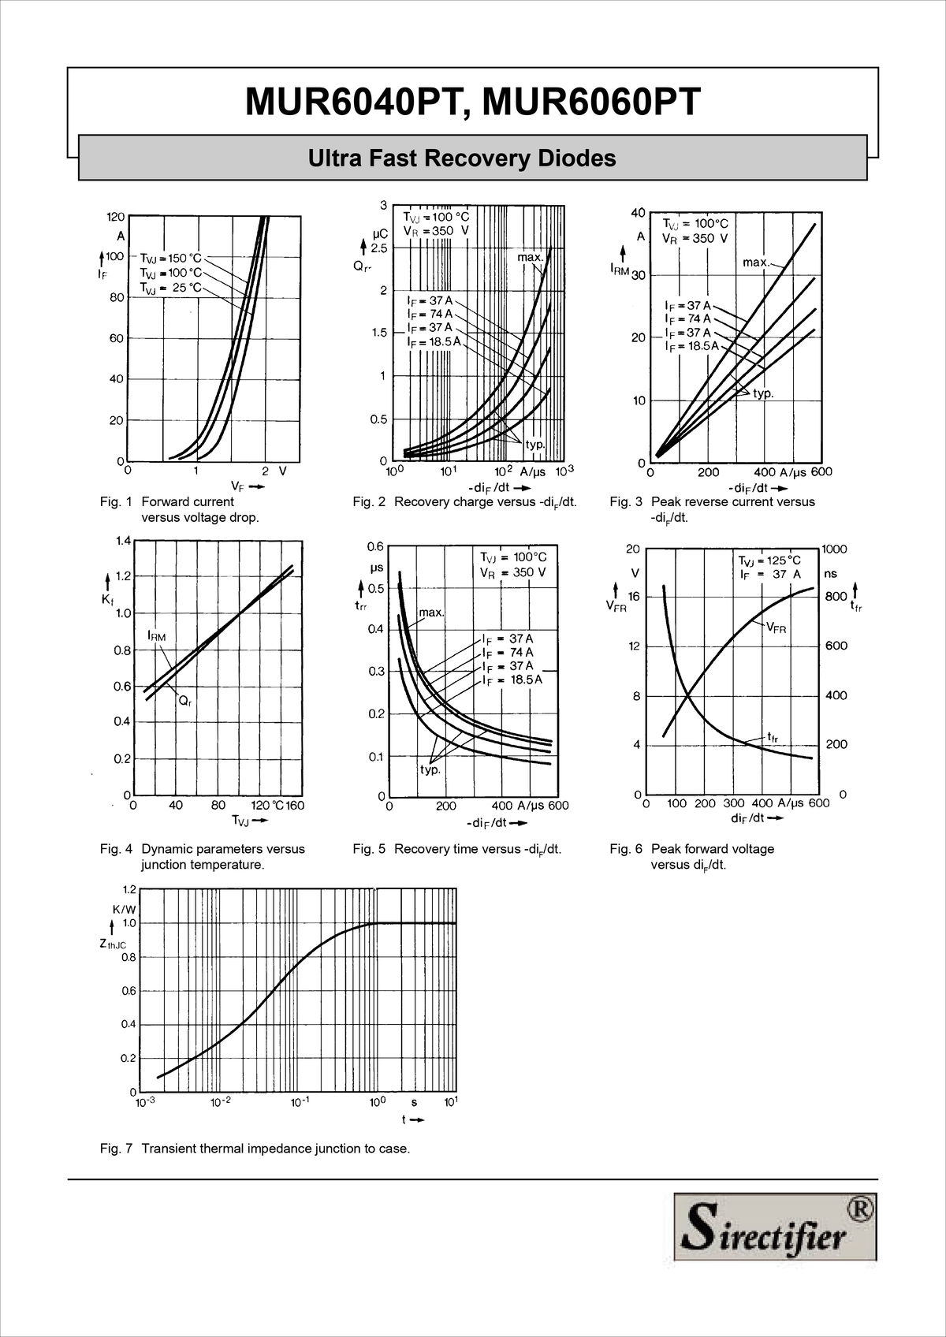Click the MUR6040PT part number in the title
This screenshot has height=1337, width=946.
click(x=349, y=102)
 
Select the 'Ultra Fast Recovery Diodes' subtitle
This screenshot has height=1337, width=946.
click(x=462, y=158)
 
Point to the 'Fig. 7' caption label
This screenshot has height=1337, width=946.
click(x=116, y=1149)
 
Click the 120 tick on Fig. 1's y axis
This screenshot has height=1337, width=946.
click(x=115, y=217)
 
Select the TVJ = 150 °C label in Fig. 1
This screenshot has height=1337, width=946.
click(x=171, y=258)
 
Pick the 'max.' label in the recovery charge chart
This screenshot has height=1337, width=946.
click(x=531, y=257)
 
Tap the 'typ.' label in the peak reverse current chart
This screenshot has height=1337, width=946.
click(x=762, y=393)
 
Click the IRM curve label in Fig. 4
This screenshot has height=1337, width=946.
click(x=156, y=635)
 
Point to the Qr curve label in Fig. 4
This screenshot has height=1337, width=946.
click(x=183, y=700)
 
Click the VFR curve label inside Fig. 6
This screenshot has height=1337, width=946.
click(x=776, y=628)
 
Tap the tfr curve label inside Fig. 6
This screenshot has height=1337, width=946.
click(x=773, y=737)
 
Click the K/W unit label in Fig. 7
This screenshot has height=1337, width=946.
click(x=124, y=909)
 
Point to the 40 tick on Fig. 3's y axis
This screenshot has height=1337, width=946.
click(x=638, y=212)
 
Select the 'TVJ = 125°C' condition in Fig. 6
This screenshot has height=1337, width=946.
click(x=769, y=560)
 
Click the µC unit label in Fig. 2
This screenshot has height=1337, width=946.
click(x=379, y=234)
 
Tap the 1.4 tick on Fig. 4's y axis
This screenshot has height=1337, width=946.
click(x=122, y=541)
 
